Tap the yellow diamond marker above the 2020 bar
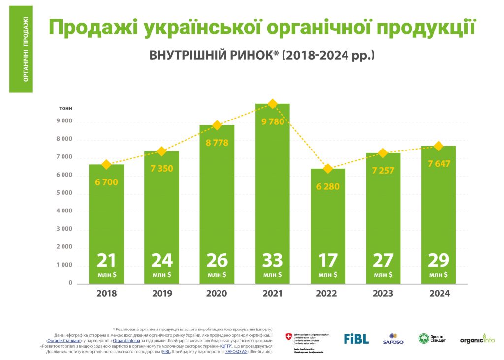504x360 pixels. [x=217, y=125]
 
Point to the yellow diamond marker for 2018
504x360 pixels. [x=106, y=164]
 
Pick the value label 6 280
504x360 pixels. [x=327, y=186]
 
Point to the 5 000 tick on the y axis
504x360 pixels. [x=63, y=193]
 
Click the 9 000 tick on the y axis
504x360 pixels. [x=63, y=121]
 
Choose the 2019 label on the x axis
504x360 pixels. [x=162, y=294]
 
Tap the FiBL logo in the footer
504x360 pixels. [x=356, y=339]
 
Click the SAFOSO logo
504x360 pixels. [x=393, y=339]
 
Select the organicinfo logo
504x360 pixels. [x=477, y=339]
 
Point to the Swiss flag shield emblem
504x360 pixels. [x=288, y=337]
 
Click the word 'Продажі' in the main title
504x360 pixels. [x=92, y=28]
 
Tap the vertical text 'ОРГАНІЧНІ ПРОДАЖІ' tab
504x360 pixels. [x=21, y=49]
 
